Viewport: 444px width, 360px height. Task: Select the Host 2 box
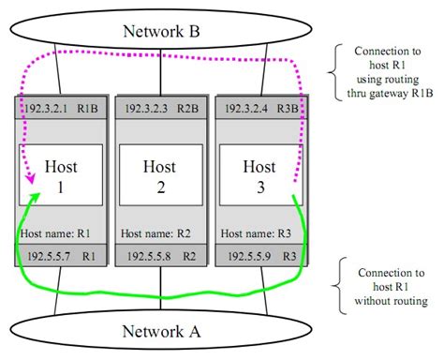[158, 175]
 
